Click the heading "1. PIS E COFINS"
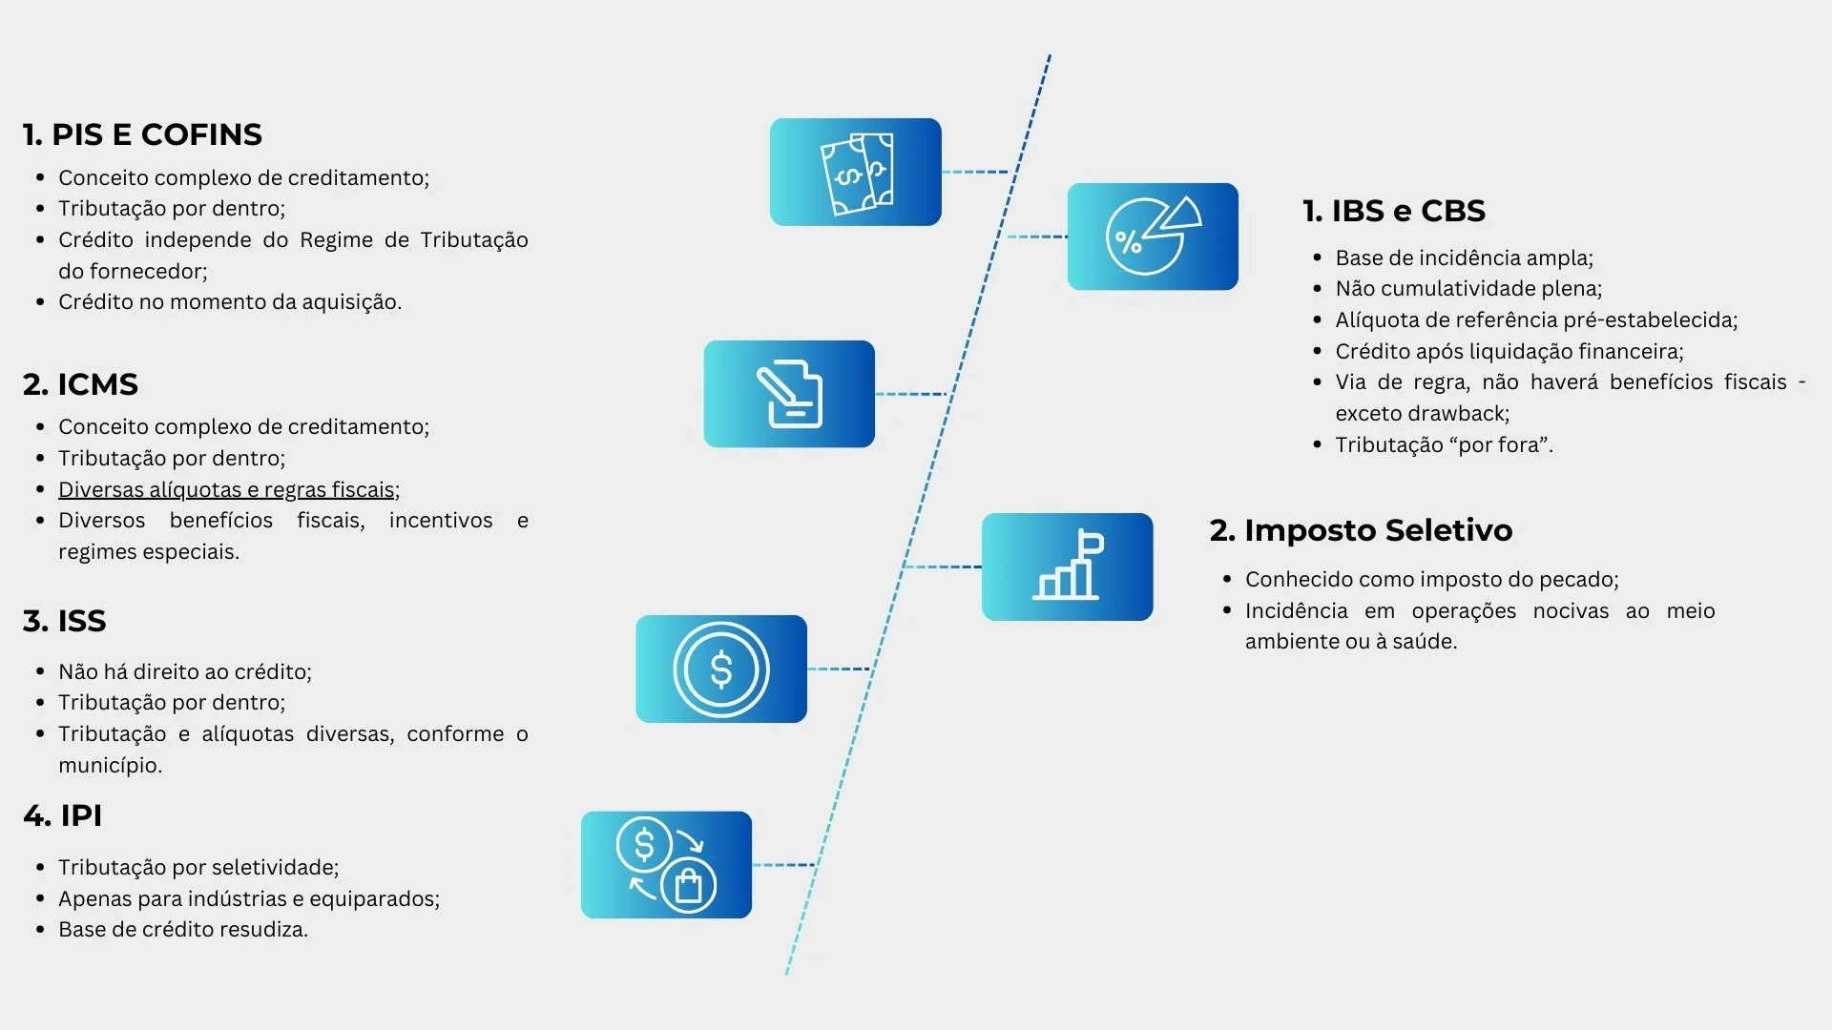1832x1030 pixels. click(142, 134)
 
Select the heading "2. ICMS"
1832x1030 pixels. click(80, 384)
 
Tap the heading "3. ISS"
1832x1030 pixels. click(64, 621)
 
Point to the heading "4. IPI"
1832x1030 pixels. click(62, 815)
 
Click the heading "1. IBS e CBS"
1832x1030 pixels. click(1393, 211)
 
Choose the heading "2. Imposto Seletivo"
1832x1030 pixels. click(1361, 530)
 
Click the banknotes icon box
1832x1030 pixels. click(855, 172)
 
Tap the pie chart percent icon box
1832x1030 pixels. click(1152, 237)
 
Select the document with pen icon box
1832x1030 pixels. click(789, 394)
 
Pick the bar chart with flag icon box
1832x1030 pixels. click(1067, 566)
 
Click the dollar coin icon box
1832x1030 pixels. click(720, 669)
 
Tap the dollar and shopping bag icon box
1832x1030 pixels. click(666, 865)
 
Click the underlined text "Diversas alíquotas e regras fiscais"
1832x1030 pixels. click(227, 489)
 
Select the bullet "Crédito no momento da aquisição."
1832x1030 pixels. click(230, 301)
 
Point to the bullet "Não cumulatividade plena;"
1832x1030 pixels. click(1468, 288)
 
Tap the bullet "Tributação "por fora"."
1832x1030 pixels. click(1444, 444)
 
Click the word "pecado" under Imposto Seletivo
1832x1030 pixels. click(1580, 579)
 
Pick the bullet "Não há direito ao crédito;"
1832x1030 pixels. click(185, 671)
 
